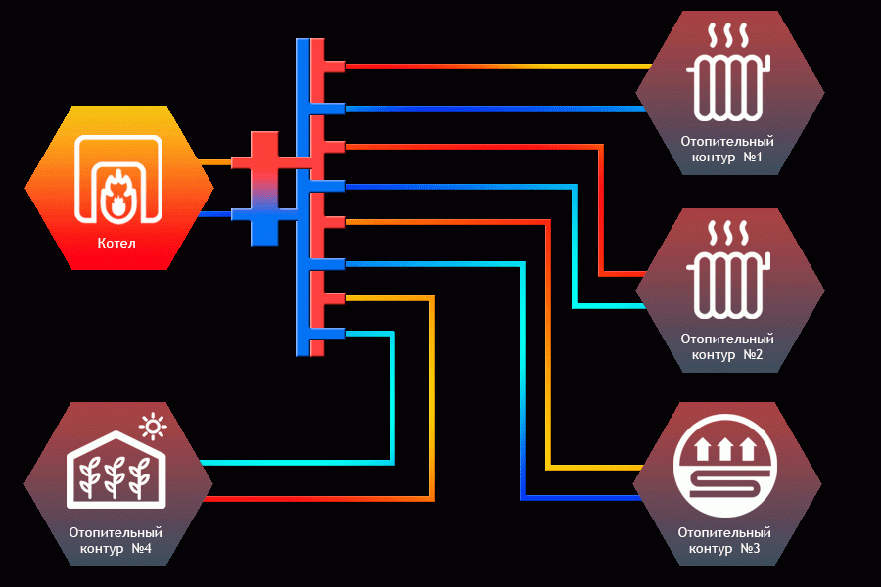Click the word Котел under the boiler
[116, 244]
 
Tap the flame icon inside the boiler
[117, 193]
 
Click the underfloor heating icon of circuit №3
[725, 465]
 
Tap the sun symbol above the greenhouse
[153, 427]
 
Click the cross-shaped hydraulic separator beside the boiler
[264, 189]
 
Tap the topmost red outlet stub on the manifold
[335, 67]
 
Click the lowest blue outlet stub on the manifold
[335, 334]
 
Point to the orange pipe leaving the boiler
[215, 162]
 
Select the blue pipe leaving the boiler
[215, 214]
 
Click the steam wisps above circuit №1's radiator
[728, 35]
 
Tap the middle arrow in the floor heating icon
[724, 449]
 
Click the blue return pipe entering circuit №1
[495, 109]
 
